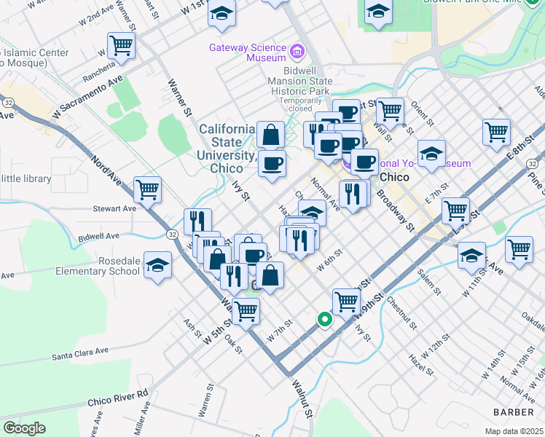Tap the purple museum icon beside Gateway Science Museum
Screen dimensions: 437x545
tap(297, 51)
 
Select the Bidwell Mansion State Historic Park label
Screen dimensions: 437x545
tap(299, 82)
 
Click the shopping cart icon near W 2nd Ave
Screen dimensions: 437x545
tap(121, 45)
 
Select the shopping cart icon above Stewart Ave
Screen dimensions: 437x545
tap(147, 189)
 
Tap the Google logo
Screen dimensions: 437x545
tap(25, 428)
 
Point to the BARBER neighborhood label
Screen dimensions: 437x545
tap(514, 412)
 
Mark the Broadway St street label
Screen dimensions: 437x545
tap(395, 212)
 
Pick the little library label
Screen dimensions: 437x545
tap(26, 178)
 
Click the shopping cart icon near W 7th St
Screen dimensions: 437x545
tap(246, 310)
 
